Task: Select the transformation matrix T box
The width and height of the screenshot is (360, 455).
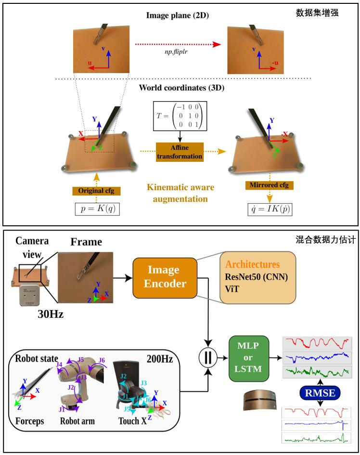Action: pos(178,116)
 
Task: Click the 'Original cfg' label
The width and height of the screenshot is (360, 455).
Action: pos(96,191)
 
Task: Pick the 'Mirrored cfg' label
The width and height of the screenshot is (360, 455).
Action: pos(270,185)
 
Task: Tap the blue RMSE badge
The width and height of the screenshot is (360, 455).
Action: pos(316,394)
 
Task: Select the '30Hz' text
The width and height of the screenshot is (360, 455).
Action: pos(51,313)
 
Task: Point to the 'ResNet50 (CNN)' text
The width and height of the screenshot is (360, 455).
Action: pos(256,277)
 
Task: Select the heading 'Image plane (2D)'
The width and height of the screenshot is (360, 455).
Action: pos(174,16)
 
